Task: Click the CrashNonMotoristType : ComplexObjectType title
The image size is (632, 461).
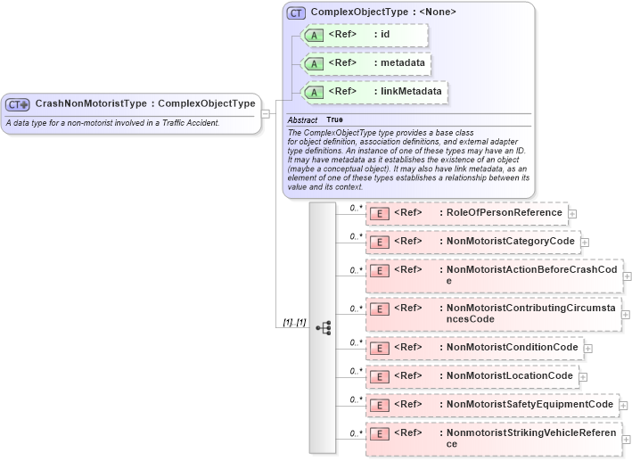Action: click(145, 103)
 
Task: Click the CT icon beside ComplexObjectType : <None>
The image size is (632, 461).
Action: click(296, 12)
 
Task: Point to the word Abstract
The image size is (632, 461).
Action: click(302, 119)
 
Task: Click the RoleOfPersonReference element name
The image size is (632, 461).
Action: click(504, 213)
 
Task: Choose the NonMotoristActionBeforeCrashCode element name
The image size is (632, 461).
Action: click(530, 275)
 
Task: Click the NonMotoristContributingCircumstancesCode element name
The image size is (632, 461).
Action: click(530, 313)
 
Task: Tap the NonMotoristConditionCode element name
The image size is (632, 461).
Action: click(513, 347)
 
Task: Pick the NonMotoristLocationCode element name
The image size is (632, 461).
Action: click(509, 375)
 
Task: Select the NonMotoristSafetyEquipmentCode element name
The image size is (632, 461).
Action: click(529, 405)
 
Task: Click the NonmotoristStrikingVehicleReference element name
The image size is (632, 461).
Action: click(530, 438)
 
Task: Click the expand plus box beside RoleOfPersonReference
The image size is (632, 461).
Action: click(572, 214)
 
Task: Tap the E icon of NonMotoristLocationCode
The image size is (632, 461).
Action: click(379, 376)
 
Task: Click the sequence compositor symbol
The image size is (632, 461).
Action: click(323, 327)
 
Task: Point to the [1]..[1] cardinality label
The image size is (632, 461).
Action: click(294, 322)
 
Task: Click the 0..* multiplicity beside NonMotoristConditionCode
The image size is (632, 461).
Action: click(356, 342)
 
